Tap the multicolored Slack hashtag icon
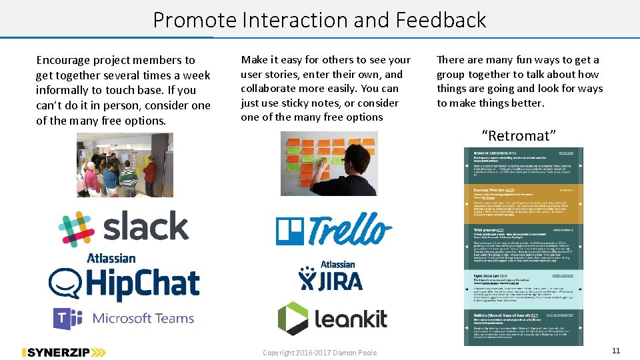point(77,229)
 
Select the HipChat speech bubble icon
point(65,284)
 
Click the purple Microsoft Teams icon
point(67,319)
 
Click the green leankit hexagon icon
point(293,319)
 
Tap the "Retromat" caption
point(519,136)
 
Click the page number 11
point(615,351)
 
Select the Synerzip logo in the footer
point(63,352)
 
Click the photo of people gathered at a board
point(125,165)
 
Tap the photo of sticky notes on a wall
point(329,163)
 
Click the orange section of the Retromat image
point(523,203)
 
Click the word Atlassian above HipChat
point(111,258)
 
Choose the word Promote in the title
point(195,20)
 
